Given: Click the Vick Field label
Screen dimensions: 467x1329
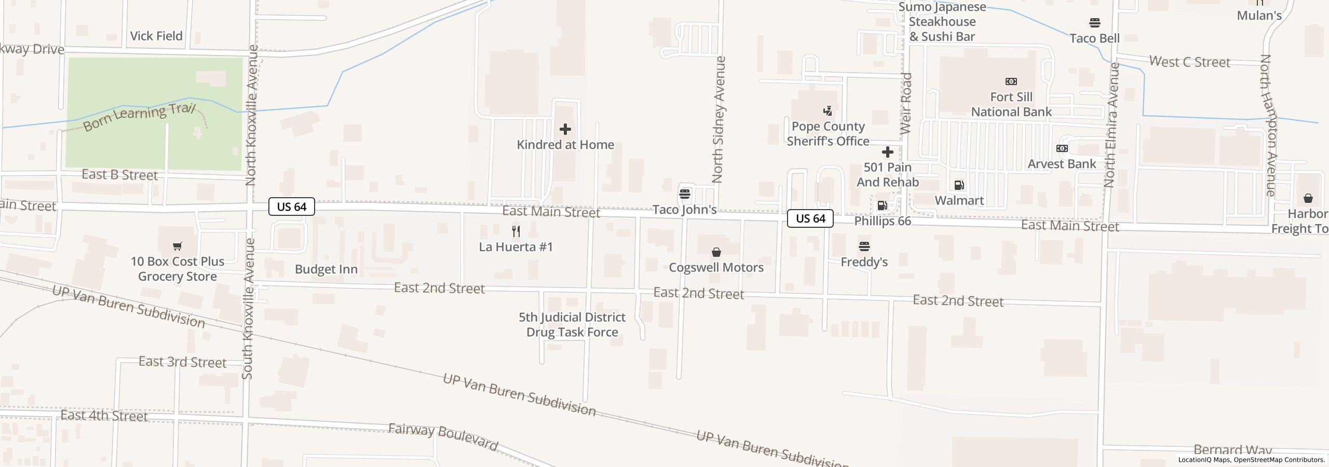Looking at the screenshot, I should coord(156,36).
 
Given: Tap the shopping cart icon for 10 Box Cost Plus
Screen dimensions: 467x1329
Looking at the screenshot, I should coord(178,246).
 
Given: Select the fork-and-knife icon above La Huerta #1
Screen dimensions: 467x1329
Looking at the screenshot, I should coord(516,231).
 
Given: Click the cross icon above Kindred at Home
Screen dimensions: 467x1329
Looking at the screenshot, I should coord(565,129).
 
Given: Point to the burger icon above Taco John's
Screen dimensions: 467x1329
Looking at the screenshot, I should coord(685,194).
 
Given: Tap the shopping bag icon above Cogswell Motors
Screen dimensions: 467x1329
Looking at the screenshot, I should coord(716,252).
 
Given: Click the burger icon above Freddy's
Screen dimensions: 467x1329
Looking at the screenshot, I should coord(864,246).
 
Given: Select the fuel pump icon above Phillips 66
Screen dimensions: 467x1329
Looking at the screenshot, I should coord(882,205).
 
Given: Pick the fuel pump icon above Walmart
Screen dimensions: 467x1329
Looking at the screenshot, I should coord(959,185).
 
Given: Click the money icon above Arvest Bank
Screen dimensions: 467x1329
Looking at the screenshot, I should coord(1062,148).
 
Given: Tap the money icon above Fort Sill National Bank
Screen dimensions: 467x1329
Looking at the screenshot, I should coord(1011,81).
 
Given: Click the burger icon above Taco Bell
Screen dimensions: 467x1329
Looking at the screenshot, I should coord(1095,23).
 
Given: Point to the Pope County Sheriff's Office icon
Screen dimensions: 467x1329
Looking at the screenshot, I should coord(828,111).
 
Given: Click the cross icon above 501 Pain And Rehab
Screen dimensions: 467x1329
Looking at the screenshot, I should coord(888,152).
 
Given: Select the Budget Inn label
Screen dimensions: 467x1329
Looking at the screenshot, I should coord(326,269).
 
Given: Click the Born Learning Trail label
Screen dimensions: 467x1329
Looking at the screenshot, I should coord(139,118).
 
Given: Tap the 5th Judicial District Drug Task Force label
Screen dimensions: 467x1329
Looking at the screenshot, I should coord(572,324).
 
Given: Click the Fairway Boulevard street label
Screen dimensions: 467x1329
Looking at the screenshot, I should coord(443,436).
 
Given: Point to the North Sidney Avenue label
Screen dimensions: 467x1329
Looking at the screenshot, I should coord(718,119).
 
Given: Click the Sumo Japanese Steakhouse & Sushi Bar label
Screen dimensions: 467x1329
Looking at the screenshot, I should coord(942,22).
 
